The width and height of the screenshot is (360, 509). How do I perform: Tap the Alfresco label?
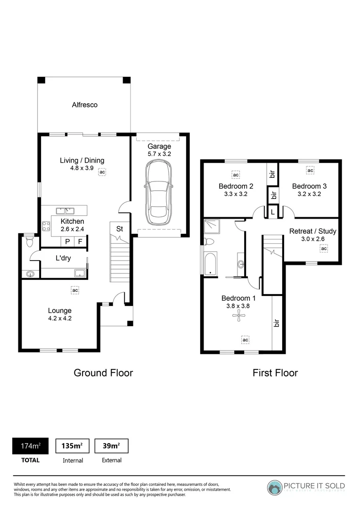[x=84, y=105]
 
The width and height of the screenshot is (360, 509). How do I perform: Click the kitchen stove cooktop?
[x=47, y=226]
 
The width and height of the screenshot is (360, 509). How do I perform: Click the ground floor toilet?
[x=30, y=242]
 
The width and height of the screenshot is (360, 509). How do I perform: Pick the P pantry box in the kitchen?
[x=67, y=242]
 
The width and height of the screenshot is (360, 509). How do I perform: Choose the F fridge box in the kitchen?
[x=81, y=242]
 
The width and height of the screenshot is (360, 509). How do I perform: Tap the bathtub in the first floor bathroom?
[x=210, y=264]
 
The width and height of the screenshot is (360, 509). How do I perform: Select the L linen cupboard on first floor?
[x=273, y=213]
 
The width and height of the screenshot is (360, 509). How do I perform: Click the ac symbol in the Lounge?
[x=74, y=290]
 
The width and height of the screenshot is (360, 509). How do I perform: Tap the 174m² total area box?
[x=30, y=446]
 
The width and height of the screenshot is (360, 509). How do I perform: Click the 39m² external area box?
[x=111, y=446]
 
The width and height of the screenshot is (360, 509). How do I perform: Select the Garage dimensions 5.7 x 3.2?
[x=159, y=154]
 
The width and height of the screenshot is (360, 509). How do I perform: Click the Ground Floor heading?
[x=103, y=373]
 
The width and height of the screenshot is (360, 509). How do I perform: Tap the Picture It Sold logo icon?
[x=275, y=487]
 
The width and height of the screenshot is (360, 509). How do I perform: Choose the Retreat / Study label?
[x=310, y=231]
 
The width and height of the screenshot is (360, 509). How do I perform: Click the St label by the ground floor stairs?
[x=120, y=229]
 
